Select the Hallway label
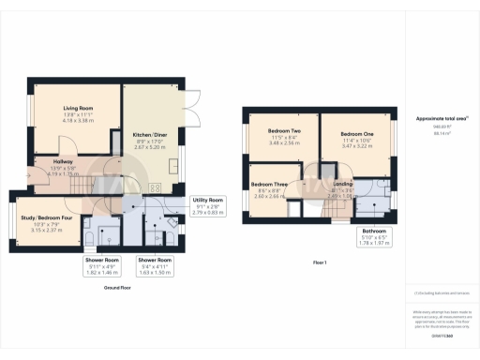(50, 160)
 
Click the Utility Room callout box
(207, 206)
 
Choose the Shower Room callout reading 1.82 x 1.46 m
(103, 265)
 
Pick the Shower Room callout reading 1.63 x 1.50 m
(155, 265)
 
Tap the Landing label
(343, 185)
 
